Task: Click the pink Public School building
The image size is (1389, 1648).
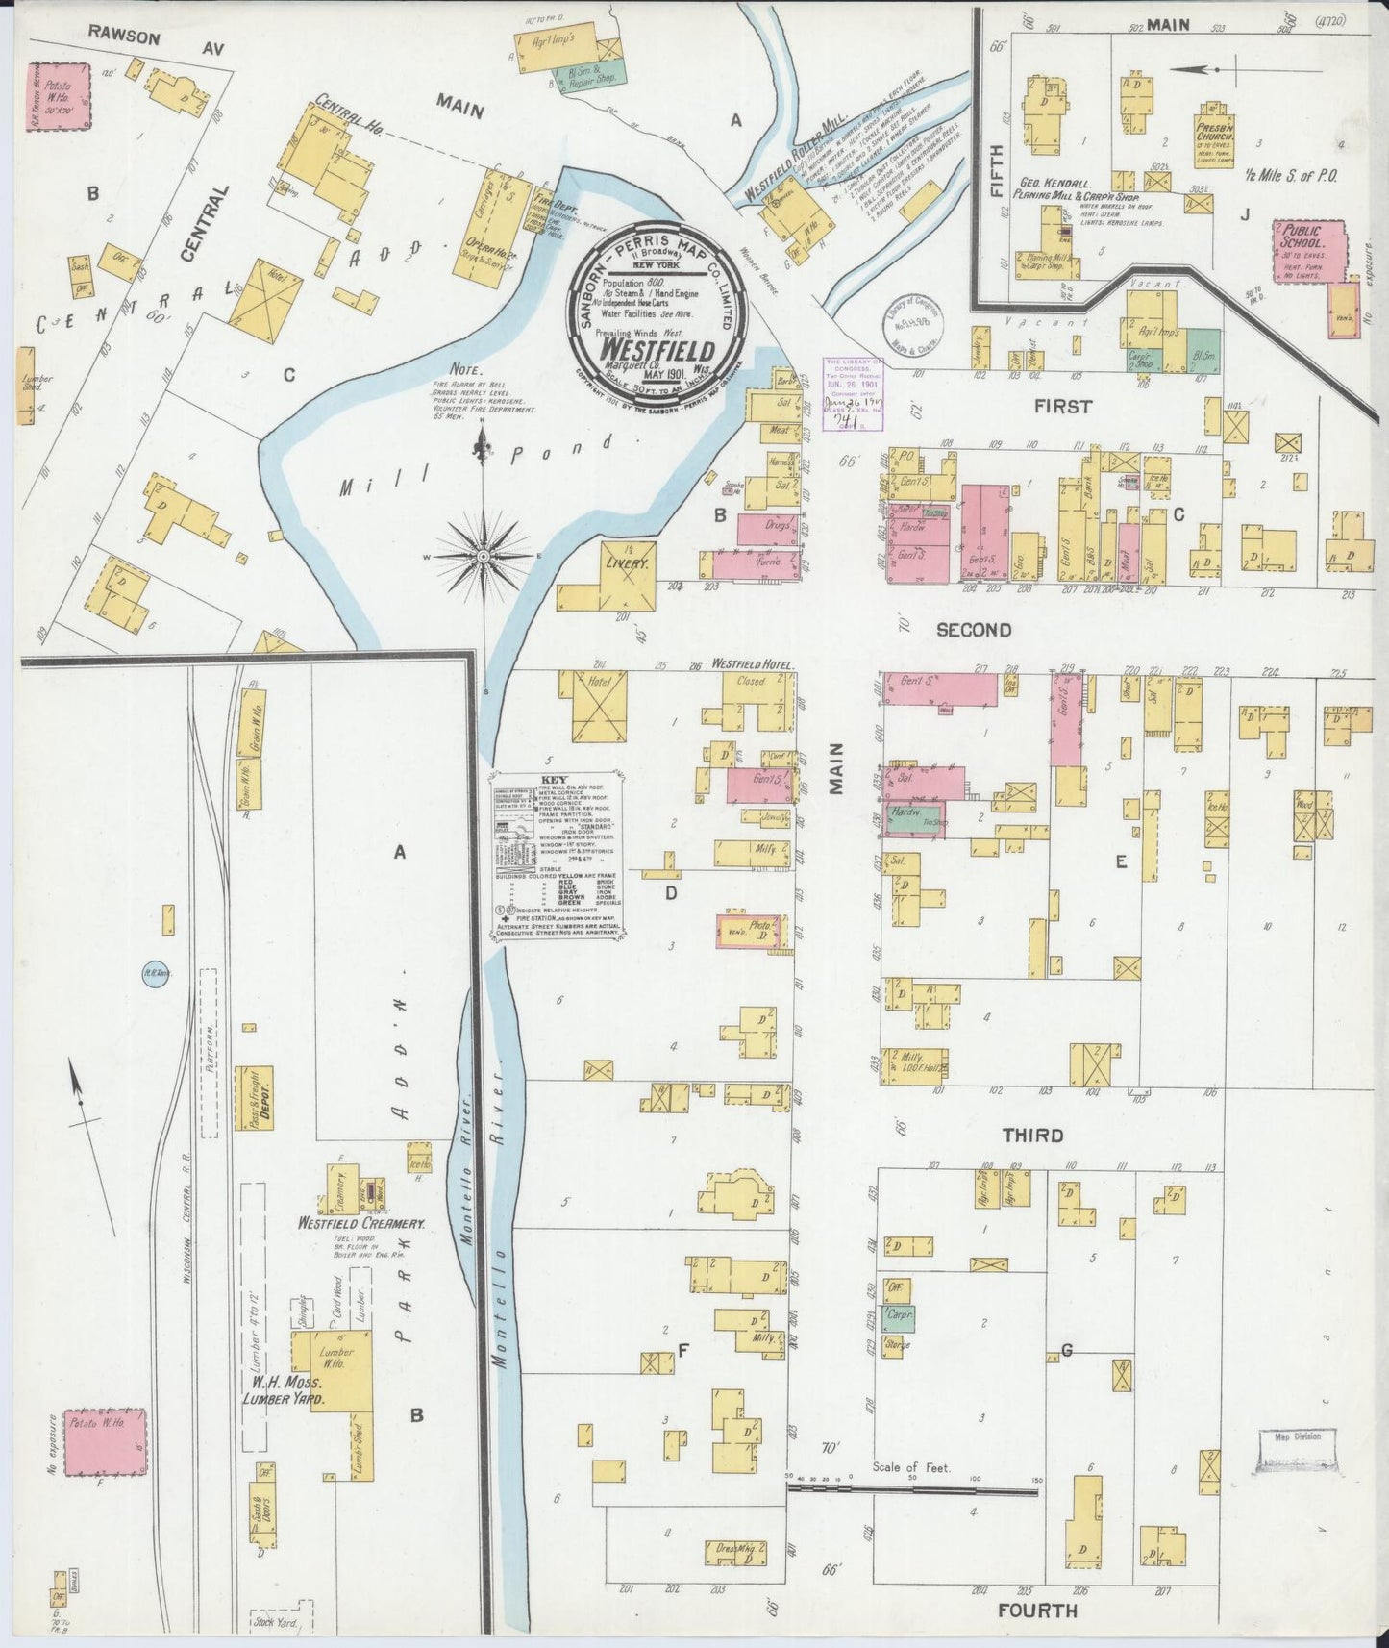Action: pos(1306,251)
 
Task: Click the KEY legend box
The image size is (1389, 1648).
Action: pos(558,856)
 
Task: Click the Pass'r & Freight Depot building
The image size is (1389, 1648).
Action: pos(256,1097)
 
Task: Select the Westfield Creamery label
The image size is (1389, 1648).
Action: pos(360,1224)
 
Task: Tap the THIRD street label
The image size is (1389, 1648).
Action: pos(1032,1136)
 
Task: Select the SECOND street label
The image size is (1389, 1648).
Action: pos(974,630)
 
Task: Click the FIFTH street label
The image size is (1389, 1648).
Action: pos(996,169)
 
